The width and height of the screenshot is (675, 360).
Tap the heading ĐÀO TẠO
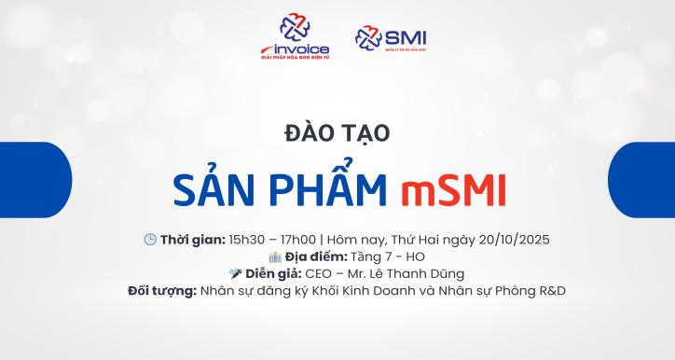tap(337, 133)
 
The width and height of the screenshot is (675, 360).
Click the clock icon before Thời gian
tap(149, 239)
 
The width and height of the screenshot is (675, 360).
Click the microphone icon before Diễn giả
tap(236, 273)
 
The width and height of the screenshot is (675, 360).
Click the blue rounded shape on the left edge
tap(34, 180)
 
